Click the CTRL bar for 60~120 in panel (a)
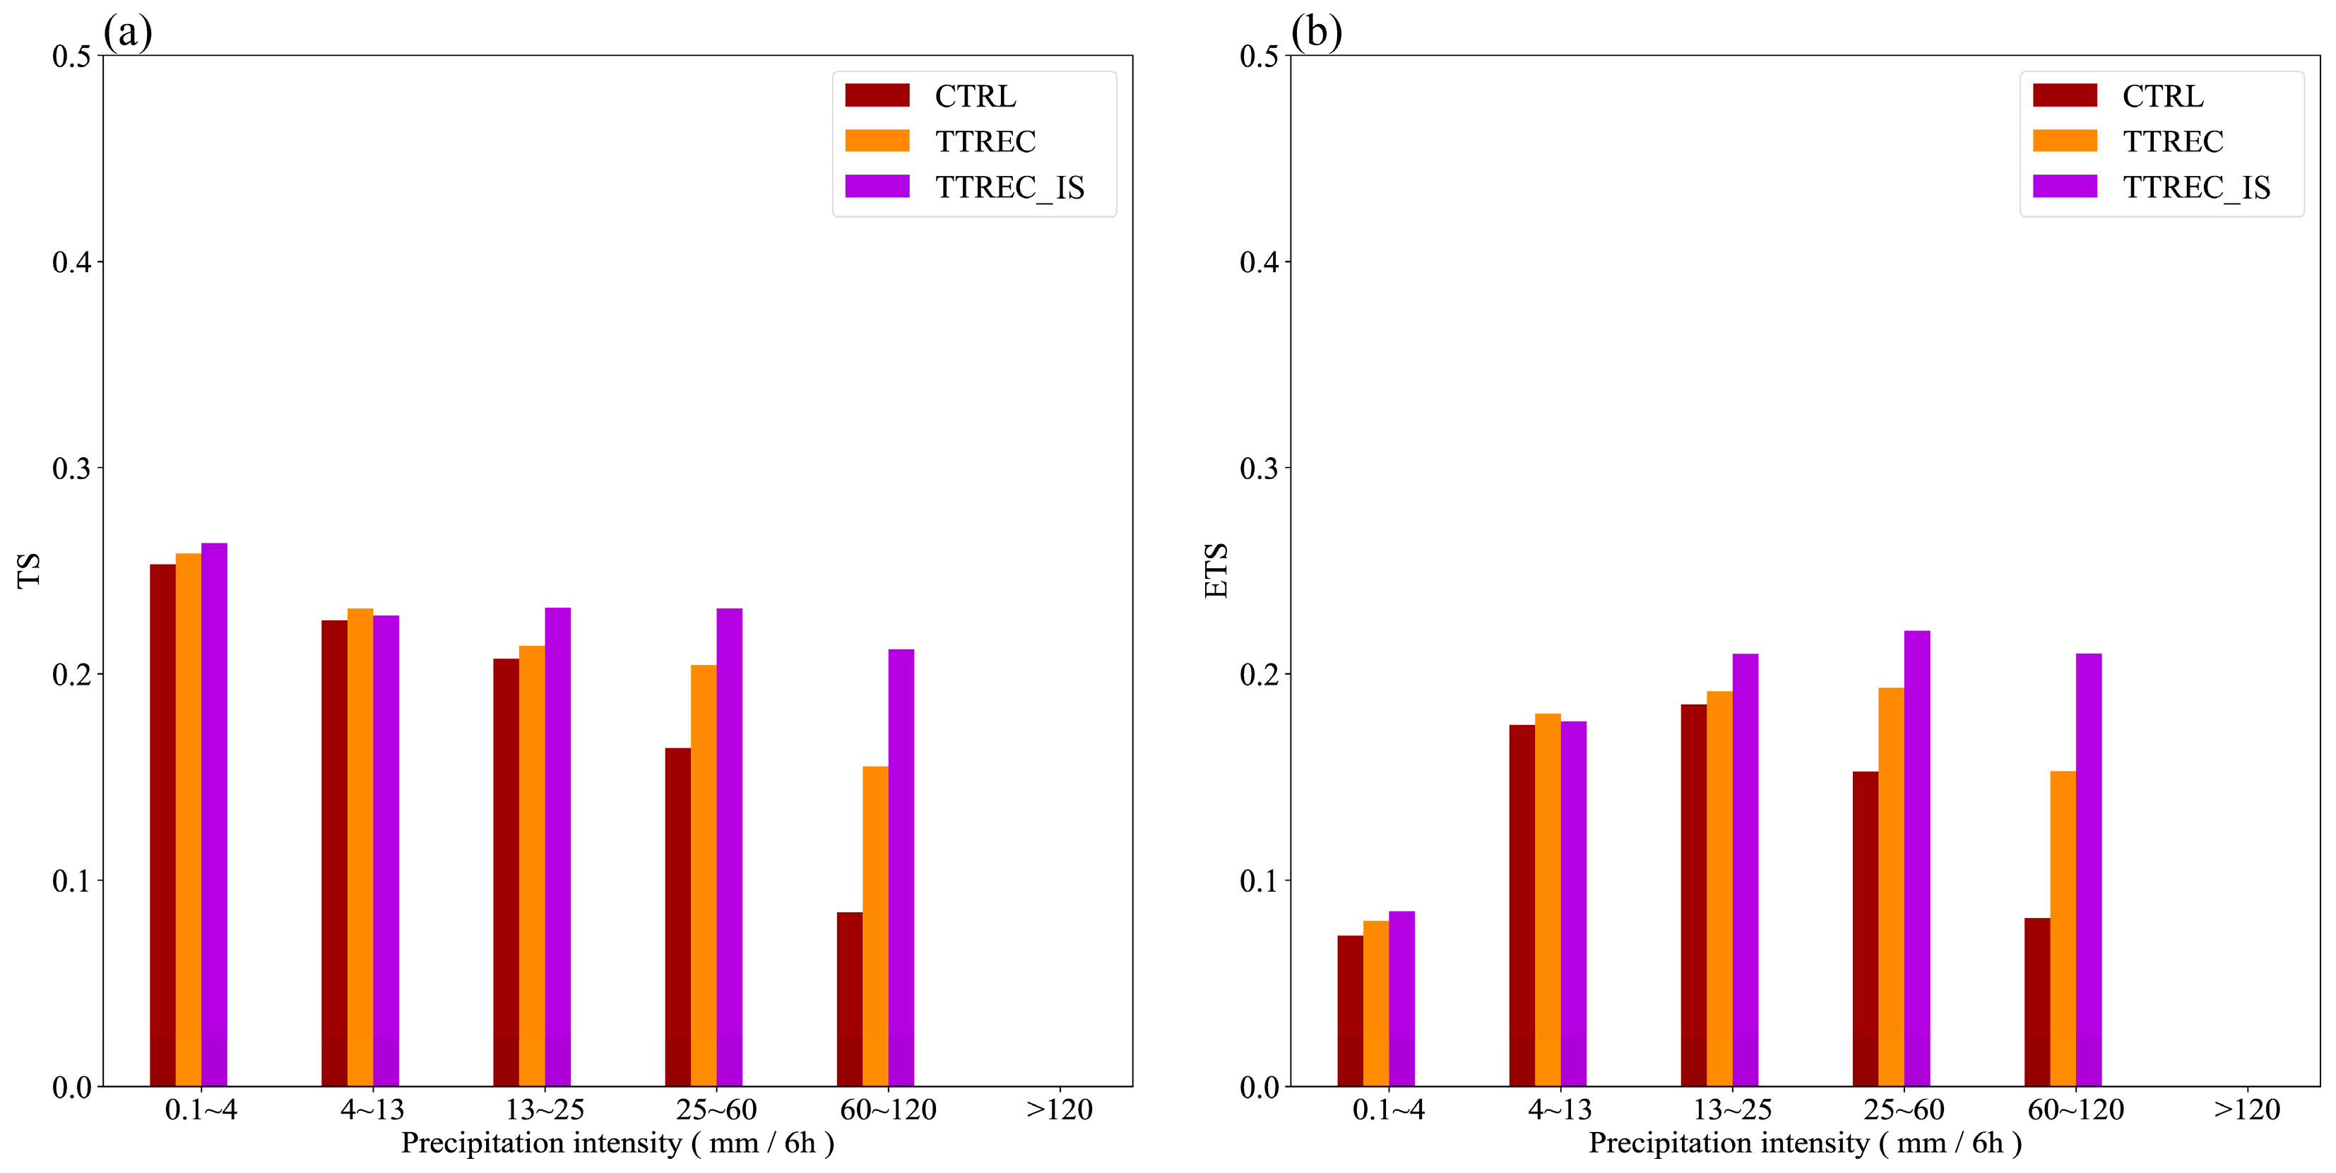coord(849,998)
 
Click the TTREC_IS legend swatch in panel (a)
coord(877,186)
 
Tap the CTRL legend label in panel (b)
coord(2162,96)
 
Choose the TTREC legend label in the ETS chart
coord(2172,141)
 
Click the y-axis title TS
coord(29,571)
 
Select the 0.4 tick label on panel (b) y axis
coord(1259,262)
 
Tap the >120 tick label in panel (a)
coord(1058,1109)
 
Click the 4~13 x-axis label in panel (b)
coord(1560,1109)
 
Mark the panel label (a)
coord(127,33)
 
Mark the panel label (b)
coord(1316,33)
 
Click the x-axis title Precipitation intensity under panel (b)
coord(1805,1143)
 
